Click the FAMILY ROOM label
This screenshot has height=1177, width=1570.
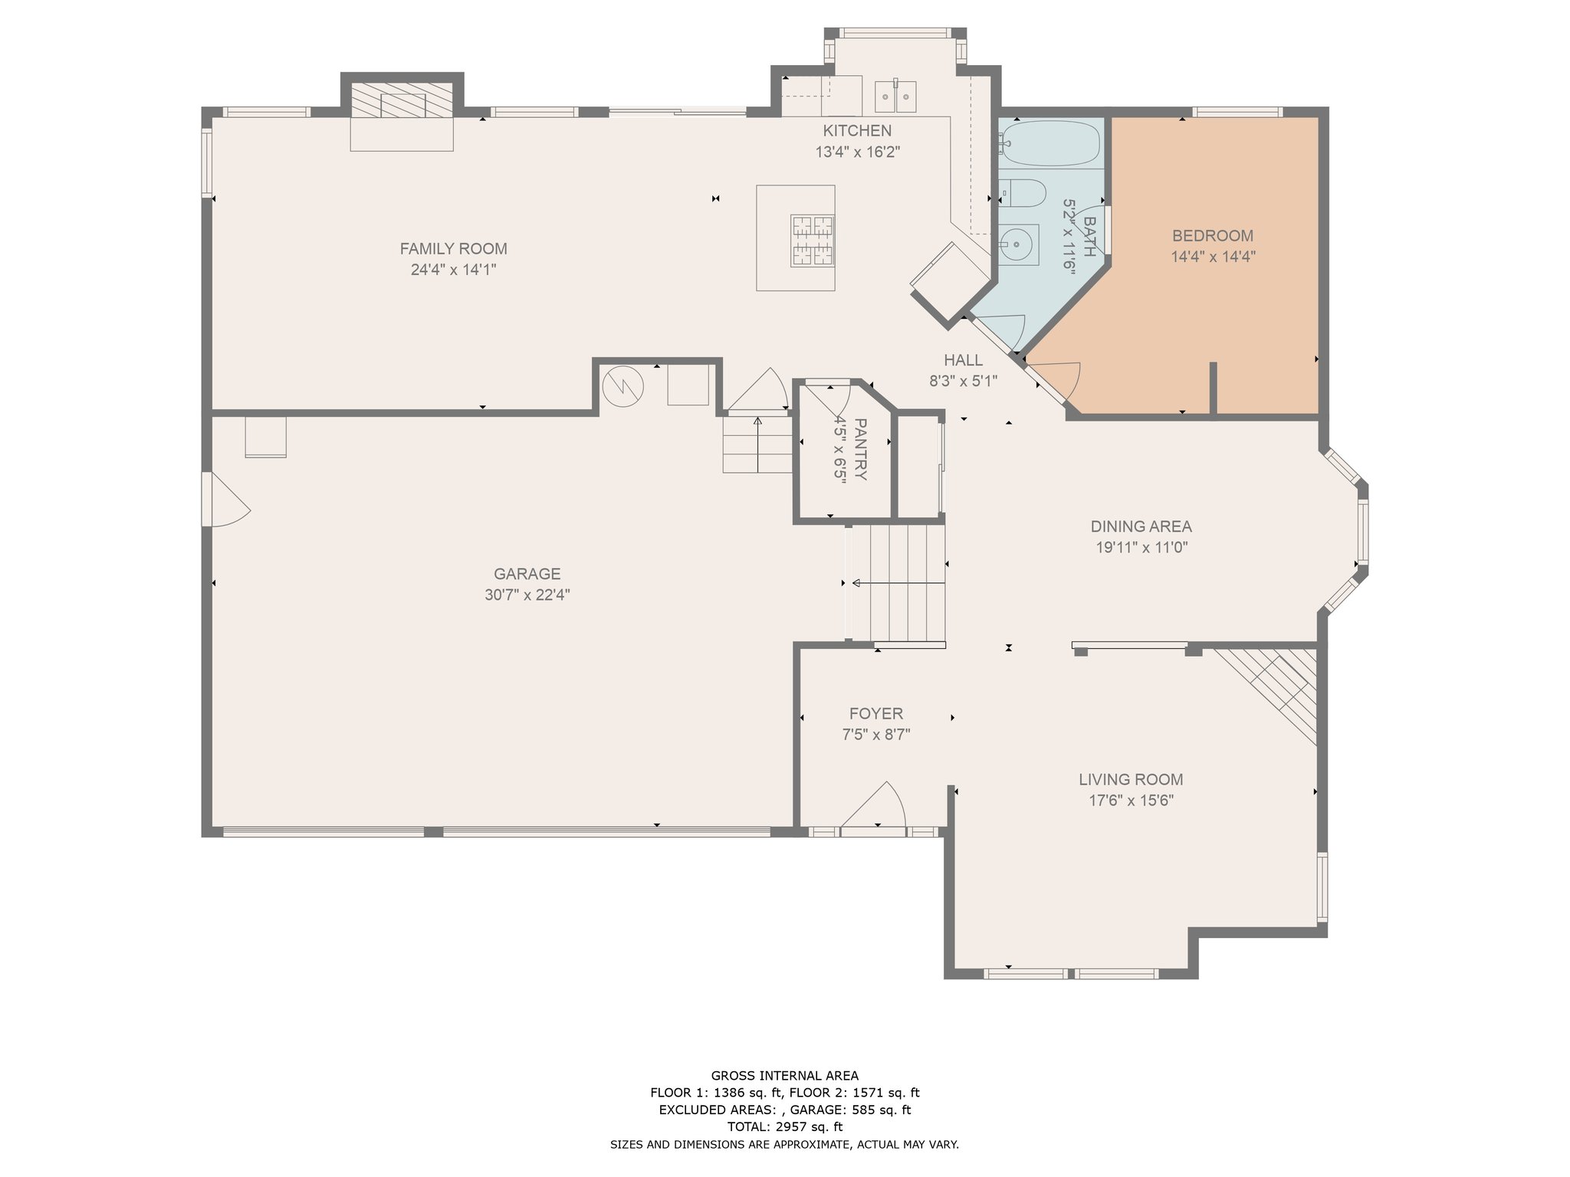[x=453, y=248]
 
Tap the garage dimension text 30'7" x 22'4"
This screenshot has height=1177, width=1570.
[x=527, y=595]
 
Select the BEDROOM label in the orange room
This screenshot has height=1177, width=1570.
[x=1213, y=235]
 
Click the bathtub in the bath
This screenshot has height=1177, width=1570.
[x=1050, y=143]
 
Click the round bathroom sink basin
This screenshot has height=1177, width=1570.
[x=1017, y=245]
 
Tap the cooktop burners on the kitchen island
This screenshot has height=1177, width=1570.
[x=813, y=241]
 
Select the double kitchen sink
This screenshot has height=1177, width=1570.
[x=895, y=97]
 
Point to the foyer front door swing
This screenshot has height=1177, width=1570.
[x=874, y=804]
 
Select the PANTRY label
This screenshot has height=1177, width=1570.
[x=860, y=449]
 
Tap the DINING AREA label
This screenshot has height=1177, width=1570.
[x=1141, y=526]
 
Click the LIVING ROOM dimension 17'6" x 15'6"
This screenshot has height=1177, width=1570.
[x=1132, y=801]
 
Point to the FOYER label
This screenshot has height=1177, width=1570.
[x=876, y=713]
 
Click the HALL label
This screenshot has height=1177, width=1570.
[x=963, y=360]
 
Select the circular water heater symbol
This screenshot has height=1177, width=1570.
[x=622, y=387]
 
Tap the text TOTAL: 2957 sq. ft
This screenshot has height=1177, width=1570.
[x=784, y=1126]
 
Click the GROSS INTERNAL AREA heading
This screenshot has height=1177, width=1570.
[x=784, y=1075]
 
